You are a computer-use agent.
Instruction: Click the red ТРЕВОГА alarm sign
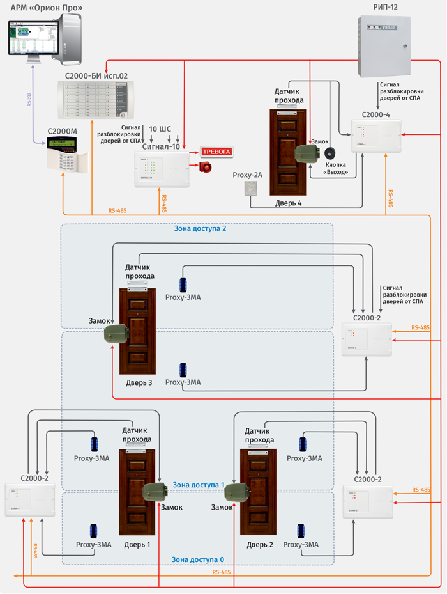(x=219, y=152)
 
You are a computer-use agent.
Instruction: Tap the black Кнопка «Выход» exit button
(x=330, y=154)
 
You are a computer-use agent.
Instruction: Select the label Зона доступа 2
(x=200, y=227)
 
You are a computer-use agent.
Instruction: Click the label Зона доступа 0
(x=197, y=559)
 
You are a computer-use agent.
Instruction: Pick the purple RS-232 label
(x=30, y=99)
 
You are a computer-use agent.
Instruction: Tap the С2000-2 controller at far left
(x=29, y=499)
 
